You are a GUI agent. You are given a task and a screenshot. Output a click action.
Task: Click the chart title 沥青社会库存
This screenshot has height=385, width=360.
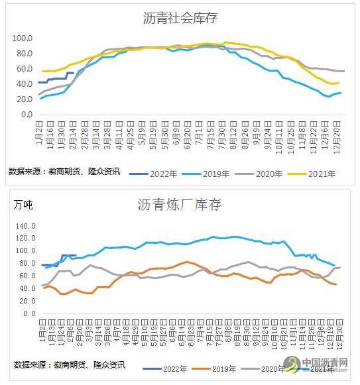click(x=180, y=19)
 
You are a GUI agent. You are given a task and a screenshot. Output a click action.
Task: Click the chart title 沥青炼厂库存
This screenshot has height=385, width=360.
click(x=180, y=205)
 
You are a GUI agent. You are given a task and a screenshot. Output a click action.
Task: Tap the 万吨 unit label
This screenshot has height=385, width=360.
click(x=23, y=205)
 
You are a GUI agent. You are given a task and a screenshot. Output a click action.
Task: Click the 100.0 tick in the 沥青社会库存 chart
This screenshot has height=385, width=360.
click(x=23, y=38)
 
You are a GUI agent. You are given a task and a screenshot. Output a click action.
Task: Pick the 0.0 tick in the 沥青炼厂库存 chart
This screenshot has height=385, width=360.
click(x=27, y=314)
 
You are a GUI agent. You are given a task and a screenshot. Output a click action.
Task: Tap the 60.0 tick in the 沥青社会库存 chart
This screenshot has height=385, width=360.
click(x=25, y=69)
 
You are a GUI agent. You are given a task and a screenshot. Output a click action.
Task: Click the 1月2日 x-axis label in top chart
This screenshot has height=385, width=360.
click(x=41, y=129)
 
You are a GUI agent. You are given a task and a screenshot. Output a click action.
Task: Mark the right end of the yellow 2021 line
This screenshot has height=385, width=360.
click(x=339, y=83)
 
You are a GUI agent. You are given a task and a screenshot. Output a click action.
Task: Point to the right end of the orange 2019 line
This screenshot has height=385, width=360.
click(x=336, y=284)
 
